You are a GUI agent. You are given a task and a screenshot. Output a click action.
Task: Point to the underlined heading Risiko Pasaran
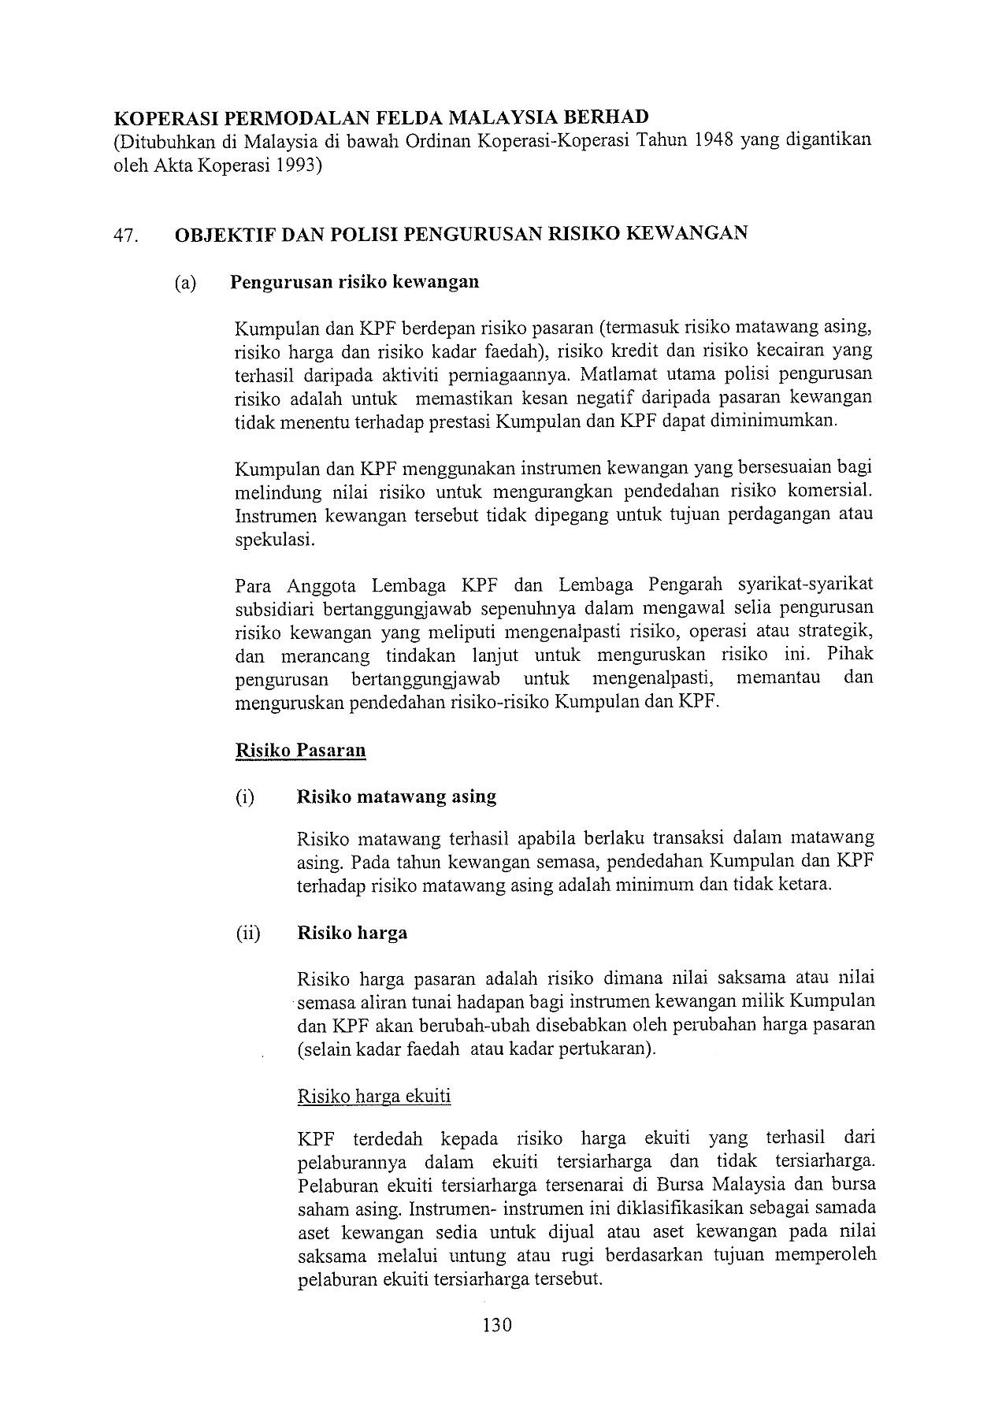(300, 750)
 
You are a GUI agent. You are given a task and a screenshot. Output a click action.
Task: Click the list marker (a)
(186, 282)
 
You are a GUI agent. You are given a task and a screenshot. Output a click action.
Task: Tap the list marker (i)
(245, 796)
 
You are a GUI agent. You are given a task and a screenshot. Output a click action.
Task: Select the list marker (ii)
(247, 934)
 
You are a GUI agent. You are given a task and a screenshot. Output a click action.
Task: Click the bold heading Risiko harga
(351, 934)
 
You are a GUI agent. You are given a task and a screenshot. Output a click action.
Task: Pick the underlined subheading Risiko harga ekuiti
(374, 1097)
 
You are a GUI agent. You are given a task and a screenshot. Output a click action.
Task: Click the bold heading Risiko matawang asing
(396, 796)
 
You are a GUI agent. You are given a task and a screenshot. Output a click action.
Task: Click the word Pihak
(851, 655)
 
